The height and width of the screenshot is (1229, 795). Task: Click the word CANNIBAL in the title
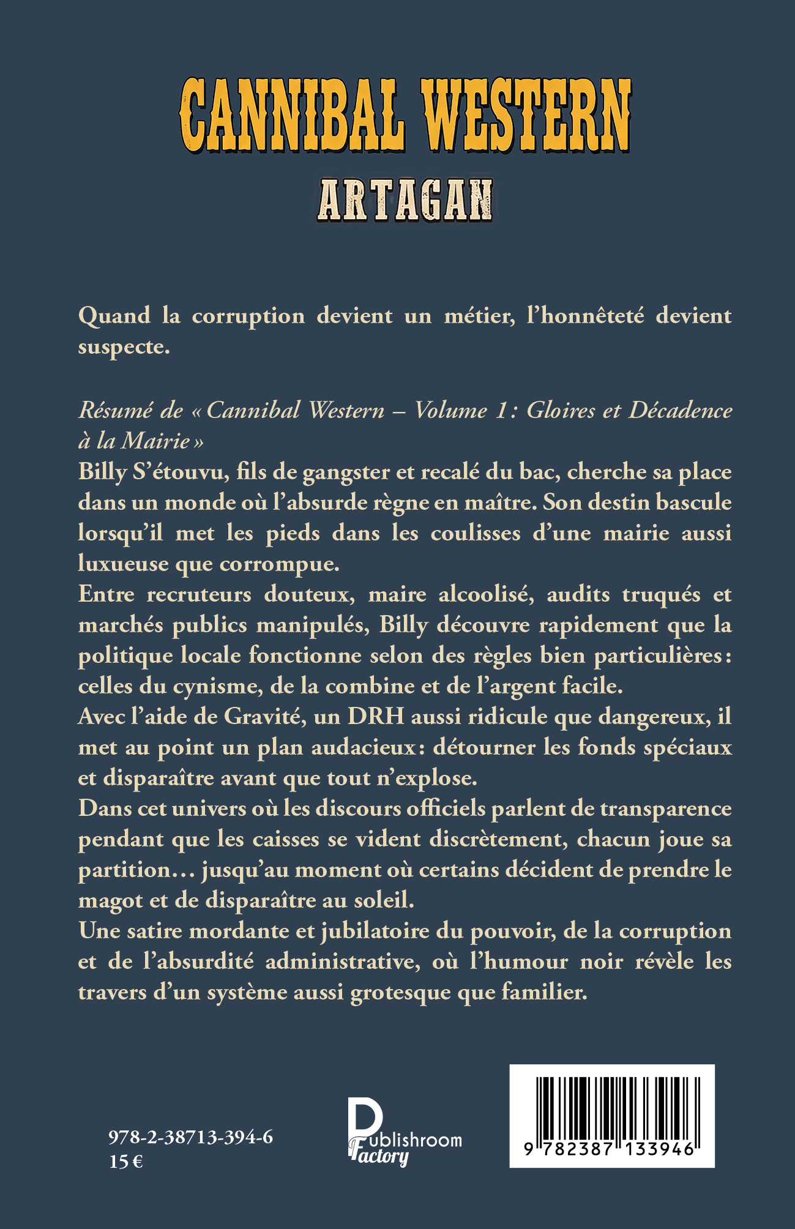(293, 116)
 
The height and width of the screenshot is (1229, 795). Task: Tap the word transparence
(665, 809)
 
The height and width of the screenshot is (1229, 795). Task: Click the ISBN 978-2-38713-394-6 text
(191, 1137)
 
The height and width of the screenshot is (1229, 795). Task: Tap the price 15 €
(125, 1161)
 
